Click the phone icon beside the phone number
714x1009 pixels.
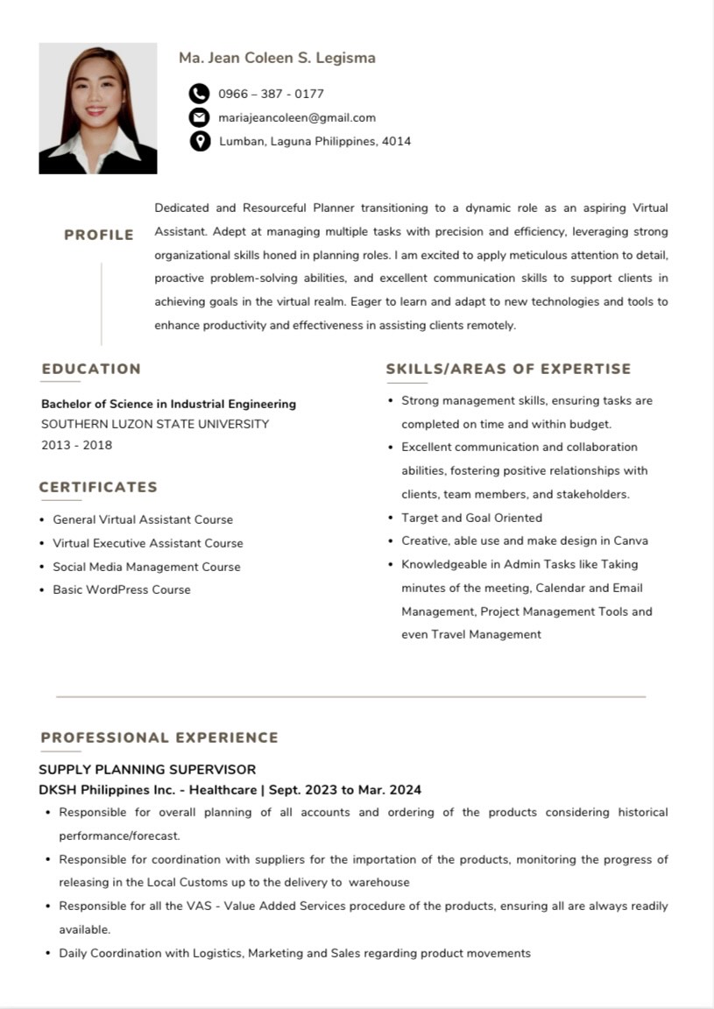(x=200, y=94)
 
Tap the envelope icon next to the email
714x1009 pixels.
(x=200, y=117)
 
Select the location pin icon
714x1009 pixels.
(x=200, y=141)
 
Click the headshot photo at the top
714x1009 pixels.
(x=98, y=109)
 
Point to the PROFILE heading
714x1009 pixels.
(x=99, y=235)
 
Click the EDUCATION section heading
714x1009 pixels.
(x=91, y=369)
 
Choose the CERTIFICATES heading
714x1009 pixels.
(x=98, y=487)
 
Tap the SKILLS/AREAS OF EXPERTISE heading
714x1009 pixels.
(x=508, y=369)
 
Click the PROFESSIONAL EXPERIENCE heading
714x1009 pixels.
(x=159, y=737)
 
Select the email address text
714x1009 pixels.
(x=297, y=117)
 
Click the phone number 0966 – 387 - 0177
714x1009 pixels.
(x=271, y=94)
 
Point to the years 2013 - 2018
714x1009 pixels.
(x=77, y=445)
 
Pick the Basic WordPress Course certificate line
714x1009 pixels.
(x=121, y=589)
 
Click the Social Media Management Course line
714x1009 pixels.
(x=146, y=567)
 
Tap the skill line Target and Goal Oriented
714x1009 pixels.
(x=471, y=518)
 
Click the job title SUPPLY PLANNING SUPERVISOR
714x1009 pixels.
(x=147, y=770)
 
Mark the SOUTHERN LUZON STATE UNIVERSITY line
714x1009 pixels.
(x=155, y=424)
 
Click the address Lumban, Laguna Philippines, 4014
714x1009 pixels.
(x=315, y=141)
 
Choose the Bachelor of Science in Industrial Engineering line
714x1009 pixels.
(x=168, y=404)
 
